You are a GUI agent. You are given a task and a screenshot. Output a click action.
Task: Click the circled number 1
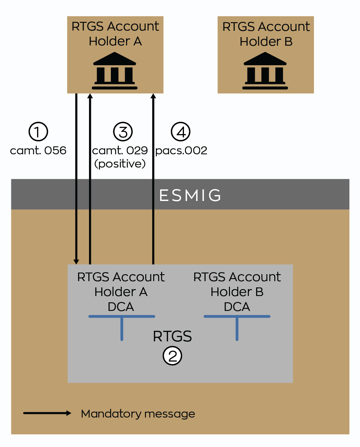click(38, 132)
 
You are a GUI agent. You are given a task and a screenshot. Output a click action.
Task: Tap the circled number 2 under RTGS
click(172, 356)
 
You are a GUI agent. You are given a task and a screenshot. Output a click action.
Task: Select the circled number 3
click(123, 132)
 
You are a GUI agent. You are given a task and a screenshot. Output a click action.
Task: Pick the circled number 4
click(181, 132)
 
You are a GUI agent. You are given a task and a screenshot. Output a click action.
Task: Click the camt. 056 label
click(38, 151)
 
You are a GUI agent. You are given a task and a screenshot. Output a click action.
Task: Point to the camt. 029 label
click(120, 151)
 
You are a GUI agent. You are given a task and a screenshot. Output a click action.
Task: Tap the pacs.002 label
click(181, 151)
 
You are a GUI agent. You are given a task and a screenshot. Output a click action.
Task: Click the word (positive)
click(120, 164)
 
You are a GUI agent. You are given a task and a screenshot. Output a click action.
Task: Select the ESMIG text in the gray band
click(190, 195)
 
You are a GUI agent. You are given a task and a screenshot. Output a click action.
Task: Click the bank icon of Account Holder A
click(114, 71)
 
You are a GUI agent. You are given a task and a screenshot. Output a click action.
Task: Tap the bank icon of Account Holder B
click(265, 71)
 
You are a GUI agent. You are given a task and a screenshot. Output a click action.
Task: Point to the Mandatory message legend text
click(138, 414)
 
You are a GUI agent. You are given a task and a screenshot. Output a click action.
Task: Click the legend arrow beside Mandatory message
click(47, 413)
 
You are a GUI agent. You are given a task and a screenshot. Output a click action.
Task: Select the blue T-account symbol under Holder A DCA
click(122, 326)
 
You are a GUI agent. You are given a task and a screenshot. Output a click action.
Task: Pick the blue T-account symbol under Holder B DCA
click(237, 326)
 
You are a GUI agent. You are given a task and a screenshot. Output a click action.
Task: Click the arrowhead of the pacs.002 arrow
click(153, 96)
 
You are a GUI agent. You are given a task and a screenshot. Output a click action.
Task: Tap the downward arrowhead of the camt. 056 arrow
click(76, 262)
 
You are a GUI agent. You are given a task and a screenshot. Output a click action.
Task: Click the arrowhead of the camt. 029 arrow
click(90, 96)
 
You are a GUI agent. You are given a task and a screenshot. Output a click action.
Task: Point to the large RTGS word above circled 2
click(172, 336)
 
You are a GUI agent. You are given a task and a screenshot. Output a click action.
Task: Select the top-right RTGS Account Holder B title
click(266, 34)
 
